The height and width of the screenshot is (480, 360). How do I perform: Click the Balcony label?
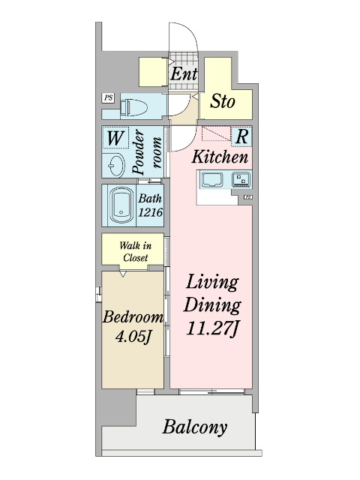coord(195,427)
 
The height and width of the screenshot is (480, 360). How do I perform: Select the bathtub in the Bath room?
coord(121,205)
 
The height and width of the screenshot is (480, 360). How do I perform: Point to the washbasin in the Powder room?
coord(116,165)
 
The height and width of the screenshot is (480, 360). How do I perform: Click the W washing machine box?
coord(115,138)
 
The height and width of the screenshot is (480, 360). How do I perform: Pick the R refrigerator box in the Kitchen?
coord(241,136)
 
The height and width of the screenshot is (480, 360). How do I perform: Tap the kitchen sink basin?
coord(211,180)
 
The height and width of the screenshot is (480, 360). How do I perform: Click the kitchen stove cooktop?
coord(241,179)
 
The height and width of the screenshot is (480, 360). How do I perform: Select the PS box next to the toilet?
coord(108,98)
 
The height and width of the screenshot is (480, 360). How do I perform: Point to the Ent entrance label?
coord(184,73)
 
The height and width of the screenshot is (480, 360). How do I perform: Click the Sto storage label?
coord(223,101)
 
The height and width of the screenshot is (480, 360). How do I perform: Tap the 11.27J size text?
coord(211,328)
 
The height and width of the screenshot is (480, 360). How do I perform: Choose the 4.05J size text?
coord(133,337)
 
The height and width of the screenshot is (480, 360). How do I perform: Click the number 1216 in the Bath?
coord(150,211)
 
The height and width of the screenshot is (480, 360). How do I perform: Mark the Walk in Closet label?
coord(135,251)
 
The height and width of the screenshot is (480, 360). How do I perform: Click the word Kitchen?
coord(220,157)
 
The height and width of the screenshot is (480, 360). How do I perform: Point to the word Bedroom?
coord(133,316)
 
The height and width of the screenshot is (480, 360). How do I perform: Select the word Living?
coord(211,282)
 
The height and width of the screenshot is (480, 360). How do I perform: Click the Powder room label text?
coord(146,152)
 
